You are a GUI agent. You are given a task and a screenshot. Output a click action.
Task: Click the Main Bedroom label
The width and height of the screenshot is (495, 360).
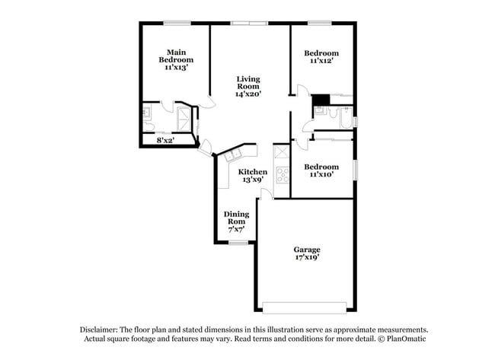coord(176,59)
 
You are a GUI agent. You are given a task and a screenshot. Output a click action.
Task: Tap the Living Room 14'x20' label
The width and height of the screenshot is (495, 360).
coord(248,86)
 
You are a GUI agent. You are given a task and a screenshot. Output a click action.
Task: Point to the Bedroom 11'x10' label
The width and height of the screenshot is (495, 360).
coord(321,170)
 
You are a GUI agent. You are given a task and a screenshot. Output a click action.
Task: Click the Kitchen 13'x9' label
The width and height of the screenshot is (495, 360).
coord(253,176)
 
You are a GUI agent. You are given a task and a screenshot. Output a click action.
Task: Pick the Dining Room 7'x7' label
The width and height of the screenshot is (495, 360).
coord(236,221)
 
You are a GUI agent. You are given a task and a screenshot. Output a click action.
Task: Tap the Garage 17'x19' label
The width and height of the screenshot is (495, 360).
coord(307,253)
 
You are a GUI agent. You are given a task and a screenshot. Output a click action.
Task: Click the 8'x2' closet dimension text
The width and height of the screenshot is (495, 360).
coord(165,140)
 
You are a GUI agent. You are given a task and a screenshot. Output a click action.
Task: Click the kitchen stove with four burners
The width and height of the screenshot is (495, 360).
coord(282,174)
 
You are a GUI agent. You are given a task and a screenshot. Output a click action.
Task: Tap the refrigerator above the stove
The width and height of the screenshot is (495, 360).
coord(282,151)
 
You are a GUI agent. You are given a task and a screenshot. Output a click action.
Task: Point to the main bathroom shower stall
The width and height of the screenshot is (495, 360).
coord(184,119)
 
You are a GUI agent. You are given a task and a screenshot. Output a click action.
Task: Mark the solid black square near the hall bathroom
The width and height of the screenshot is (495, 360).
coord(321,99)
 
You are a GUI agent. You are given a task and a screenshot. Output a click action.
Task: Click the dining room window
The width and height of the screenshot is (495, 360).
coord(238,243)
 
